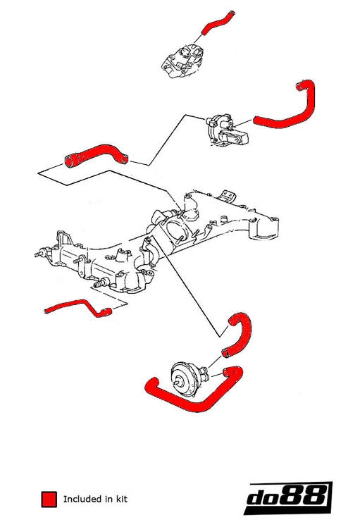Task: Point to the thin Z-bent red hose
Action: pos(77,307)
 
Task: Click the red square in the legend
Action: pos(49,500)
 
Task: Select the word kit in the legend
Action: pos(121,500)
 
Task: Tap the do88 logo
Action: pos(289,499)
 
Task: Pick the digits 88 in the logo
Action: pos(309,499)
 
